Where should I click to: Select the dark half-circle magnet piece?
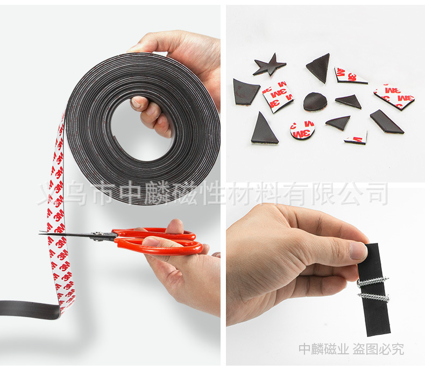[315, 101]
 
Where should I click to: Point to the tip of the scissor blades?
[41, 233]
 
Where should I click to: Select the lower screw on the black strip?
[373, 296]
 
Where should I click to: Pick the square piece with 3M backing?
[278, 96]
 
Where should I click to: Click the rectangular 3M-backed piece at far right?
[394, 96]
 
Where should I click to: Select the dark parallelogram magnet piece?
[386, 122]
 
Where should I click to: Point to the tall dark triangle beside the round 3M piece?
[264, 130]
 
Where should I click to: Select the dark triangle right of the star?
[319, 67]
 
